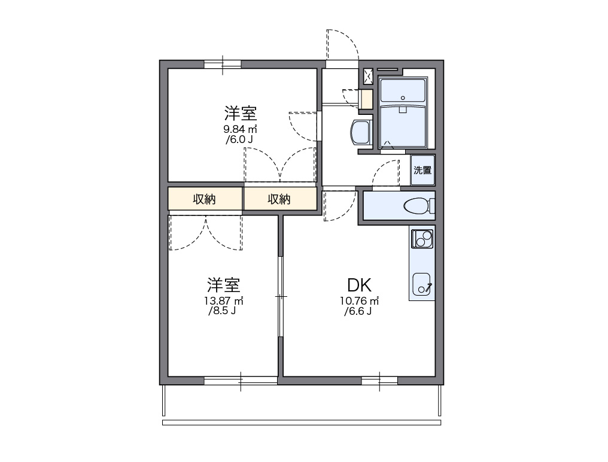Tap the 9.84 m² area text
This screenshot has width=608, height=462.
241,129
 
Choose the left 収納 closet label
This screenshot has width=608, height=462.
204,199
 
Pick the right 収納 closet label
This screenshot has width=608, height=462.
279,199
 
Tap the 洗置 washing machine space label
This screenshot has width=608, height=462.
422,170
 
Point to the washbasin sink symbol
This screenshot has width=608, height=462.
361,132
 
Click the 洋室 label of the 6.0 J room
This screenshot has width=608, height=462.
241,113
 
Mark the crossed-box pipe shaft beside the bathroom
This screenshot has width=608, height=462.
369,75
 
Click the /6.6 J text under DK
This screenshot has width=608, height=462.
359,312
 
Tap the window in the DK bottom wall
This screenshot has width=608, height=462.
379,380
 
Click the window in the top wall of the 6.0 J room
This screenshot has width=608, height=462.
222,64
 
